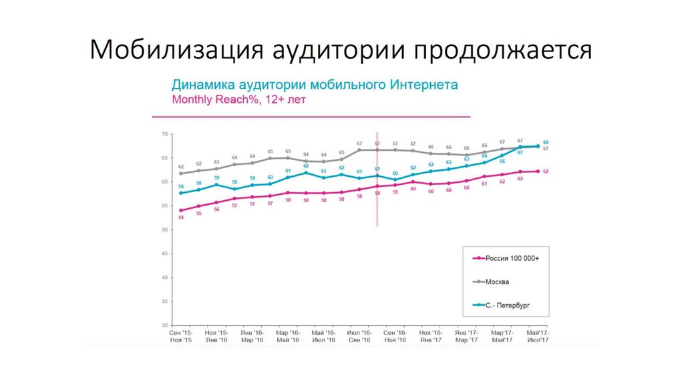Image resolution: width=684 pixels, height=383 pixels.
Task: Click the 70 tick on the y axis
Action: (x=164, y=134)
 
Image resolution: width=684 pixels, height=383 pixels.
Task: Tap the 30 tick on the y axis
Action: (x=164, y=326)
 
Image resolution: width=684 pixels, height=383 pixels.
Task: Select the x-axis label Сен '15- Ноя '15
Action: (x=180, y=336)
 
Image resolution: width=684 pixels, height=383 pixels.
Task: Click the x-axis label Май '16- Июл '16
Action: (x=323, y=336)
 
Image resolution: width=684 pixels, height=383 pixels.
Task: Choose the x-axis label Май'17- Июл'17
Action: (x=538, y=336)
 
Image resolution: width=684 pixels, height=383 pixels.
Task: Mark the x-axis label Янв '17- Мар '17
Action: (x=466, y=336)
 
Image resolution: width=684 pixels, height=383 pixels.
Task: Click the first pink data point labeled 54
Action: (x=181, y=211)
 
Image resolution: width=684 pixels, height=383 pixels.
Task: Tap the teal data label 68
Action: (x=546, y=142)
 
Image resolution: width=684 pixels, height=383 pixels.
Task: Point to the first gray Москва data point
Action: (x=181, y=173)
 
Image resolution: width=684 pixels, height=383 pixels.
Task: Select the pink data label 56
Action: (x=216, y=210)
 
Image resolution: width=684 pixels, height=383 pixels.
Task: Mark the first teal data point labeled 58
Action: (x=181, y=193)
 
